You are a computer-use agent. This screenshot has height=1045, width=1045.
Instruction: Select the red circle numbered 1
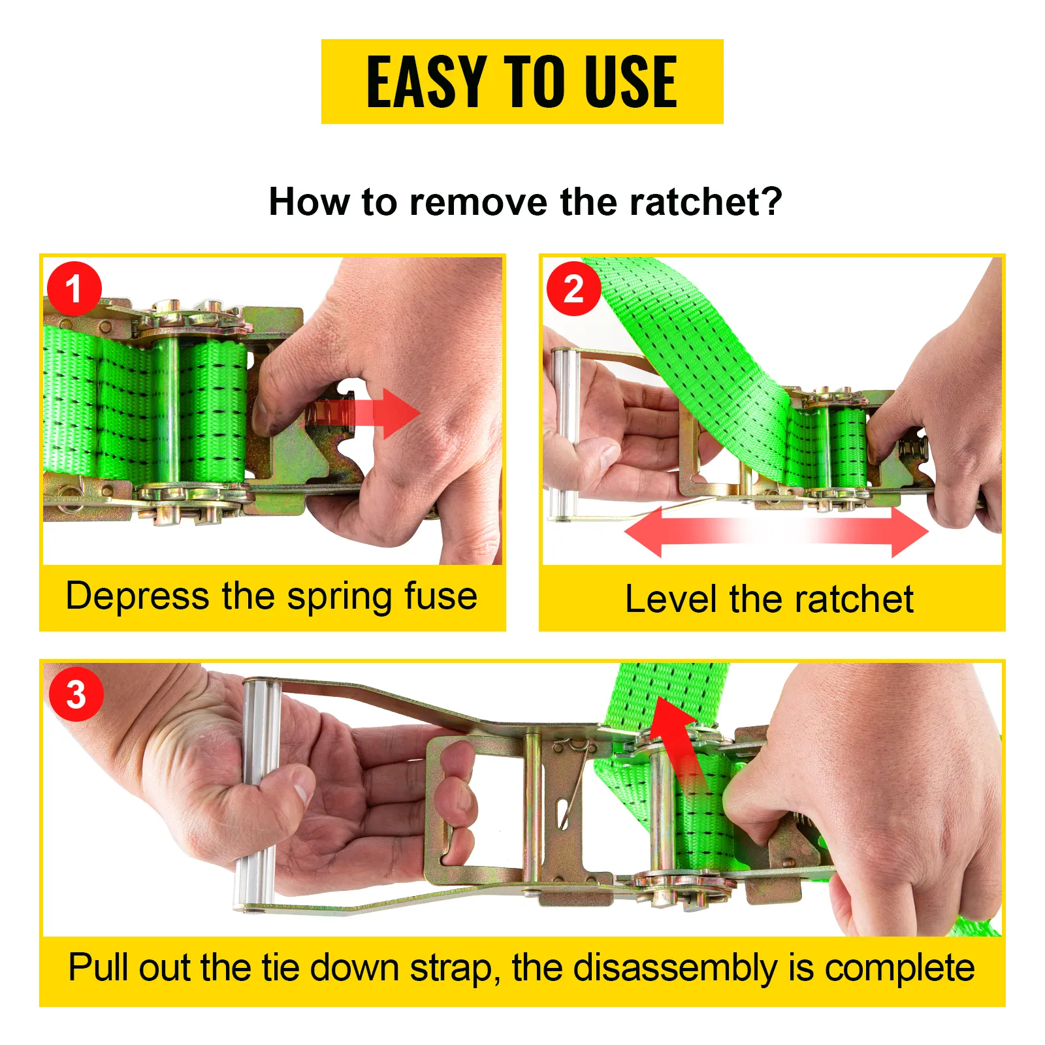pos(74,289)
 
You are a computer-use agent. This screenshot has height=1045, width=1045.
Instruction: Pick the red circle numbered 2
pos(573,289)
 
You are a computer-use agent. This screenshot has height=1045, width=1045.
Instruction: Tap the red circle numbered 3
pos(76,694)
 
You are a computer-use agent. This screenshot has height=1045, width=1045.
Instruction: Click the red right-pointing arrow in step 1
pos(366,413)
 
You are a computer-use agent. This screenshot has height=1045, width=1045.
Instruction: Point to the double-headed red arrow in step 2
pos(776,532)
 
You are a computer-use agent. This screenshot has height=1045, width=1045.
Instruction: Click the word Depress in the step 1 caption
pos(138,597)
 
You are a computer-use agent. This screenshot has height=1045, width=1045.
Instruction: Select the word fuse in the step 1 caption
pos(441,596)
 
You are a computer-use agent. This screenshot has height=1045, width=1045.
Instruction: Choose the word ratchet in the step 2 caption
pos(859,599)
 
